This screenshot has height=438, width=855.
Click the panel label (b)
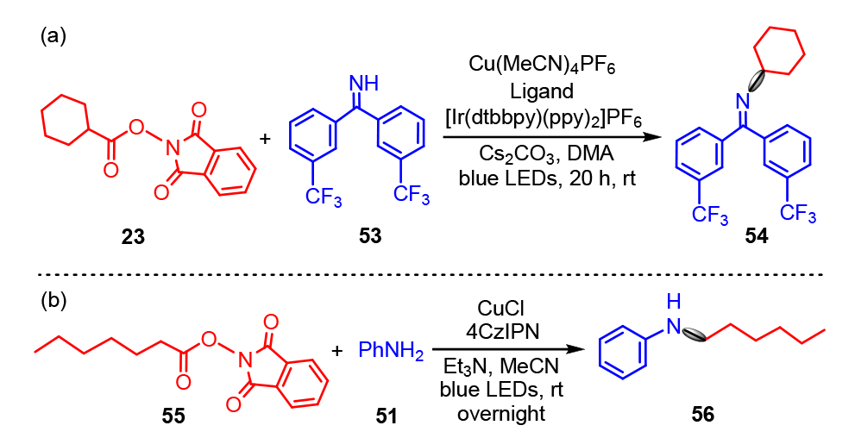(53, 306)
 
